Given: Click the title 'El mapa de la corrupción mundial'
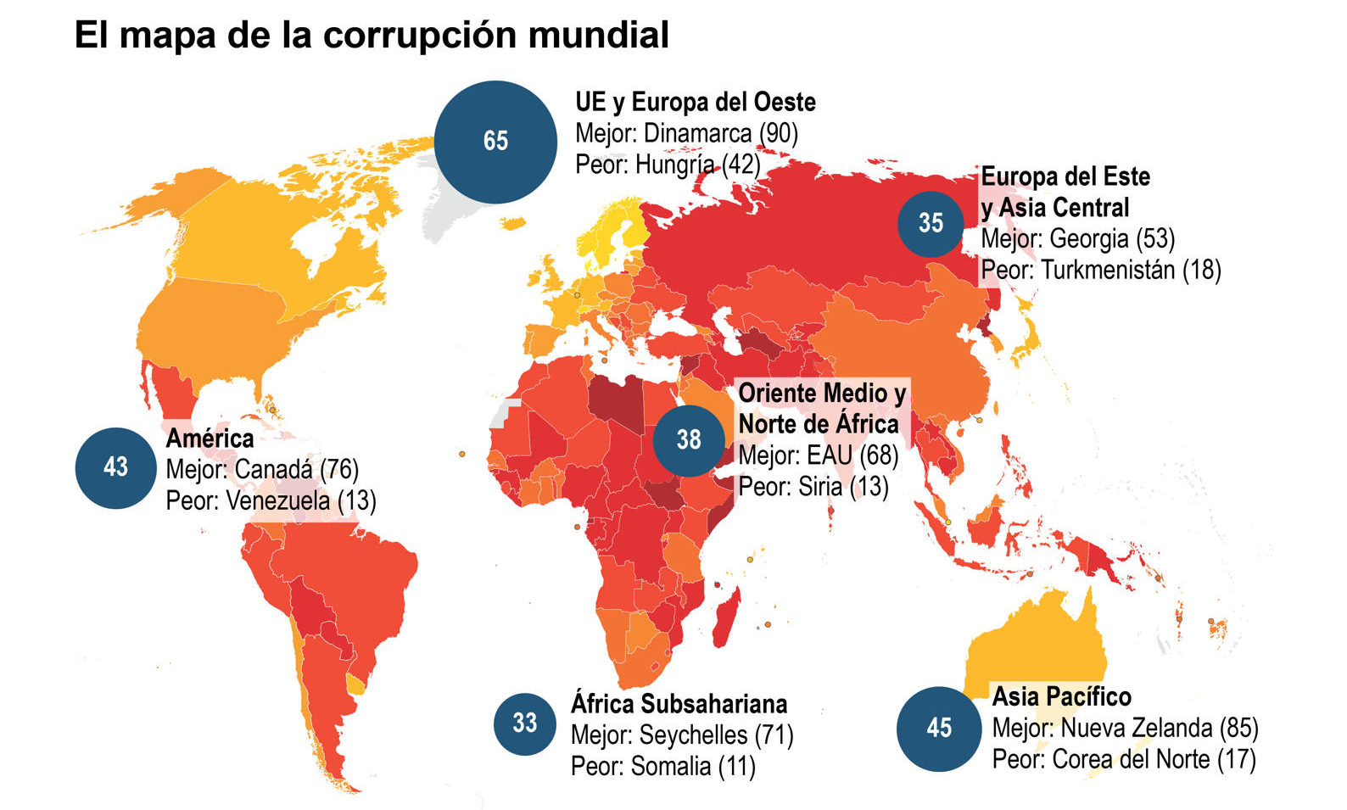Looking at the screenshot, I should (372, 35).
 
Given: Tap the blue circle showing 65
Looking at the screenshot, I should (495, 141).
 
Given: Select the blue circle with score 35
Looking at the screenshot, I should (931, 223).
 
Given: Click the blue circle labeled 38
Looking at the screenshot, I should (689, 439).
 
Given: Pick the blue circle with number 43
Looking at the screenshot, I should (115, 466).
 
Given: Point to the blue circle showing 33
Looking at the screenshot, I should (525, 723).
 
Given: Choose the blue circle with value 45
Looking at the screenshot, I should (939, 728).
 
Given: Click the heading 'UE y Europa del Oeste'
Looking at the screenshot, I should (695, 103).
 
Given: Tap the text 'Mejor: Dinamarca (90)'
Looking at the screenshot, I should (686, 133).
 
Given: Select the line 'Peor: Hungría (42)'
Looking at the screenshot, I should (668, 164).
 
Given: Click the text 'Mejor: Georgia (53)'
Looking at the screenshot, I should (1077, 239).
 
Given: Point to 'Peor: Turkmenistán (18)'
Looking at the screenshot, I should (1100, 270).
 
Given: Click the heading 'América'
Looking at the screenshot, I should (210, 439).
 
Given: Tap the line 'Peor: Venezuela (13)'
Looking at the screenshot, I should (271, 500).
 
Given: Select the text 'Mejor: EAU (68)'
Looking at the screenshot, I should (818, 455).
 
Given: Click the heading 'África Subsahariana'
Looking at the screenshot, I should (679, 704).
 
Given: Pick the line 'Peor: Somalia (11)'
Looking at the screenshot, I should (662, 766).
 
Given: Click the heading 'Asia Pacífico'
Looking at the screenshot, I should (1061, 696).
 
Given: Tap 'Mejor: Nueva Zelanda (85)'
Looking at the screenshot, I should (1125, 728).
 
